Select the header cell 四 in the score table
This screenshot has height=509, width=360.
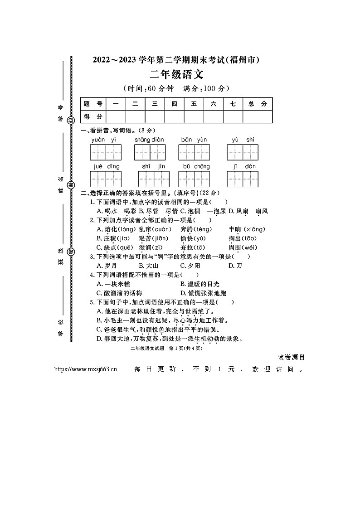[174, 104]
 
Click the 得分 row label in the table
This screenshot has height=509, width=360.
[92, 116]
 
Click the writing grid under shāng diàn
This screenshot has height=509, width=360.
[149, 153]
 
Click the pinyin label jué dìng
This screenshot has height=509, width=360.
[107, 166]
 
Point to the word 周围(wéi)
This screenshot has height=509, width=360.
[243, 247]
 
